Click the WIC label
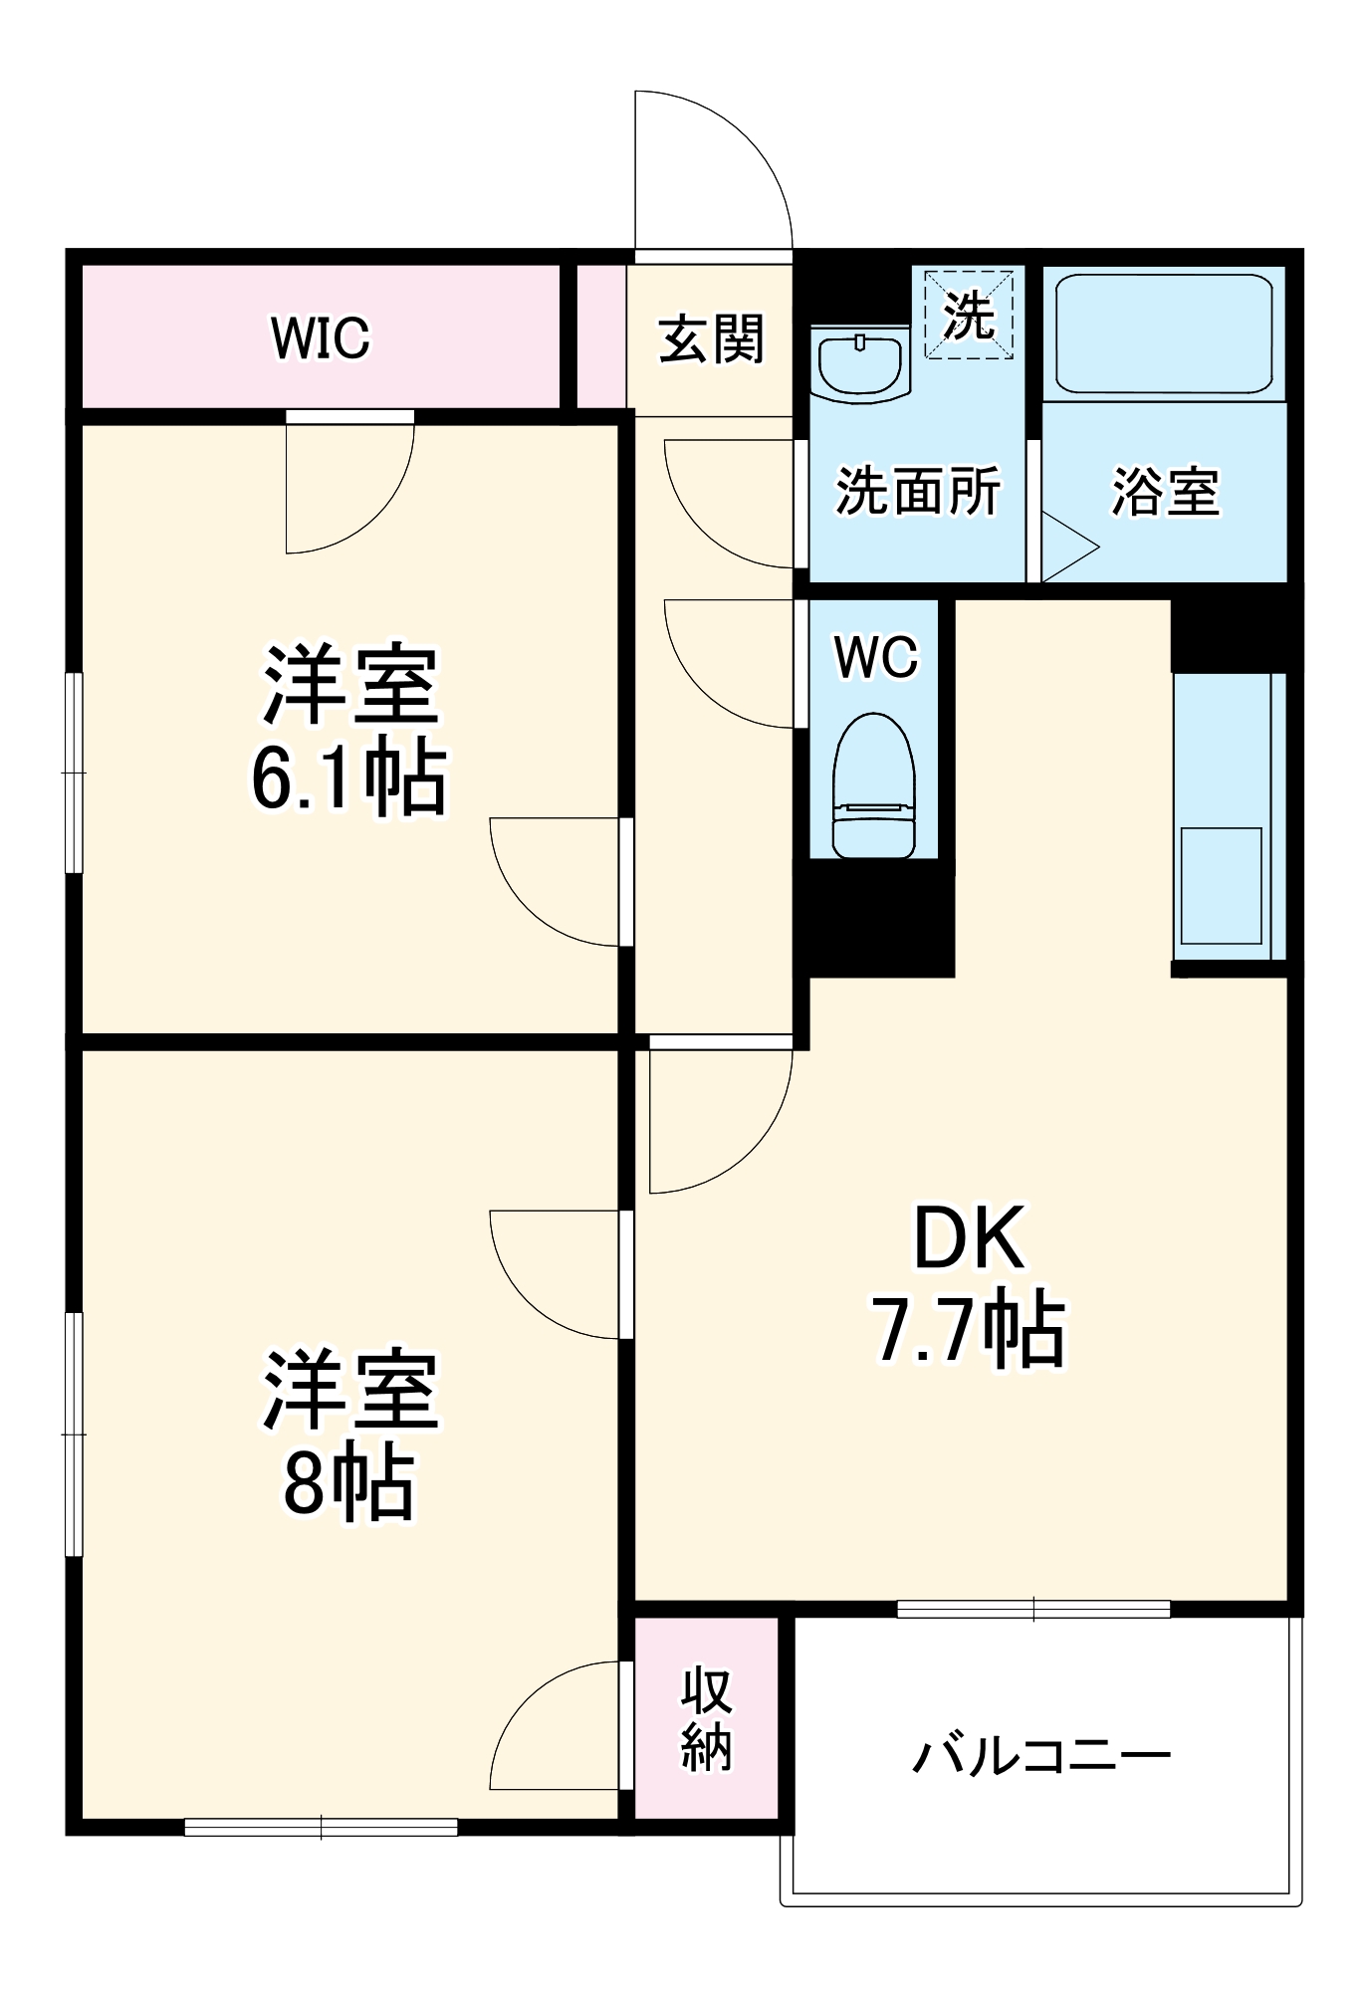pos(320,338)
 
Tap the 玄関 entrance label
pos(711,338)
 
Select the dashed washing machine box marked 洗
pos(969,314)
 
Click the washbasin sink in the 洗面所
pos(859,364)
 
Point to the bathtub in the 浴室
pos(1163,333)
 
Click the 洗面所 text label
pos(917,491)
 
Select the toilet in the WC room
pos(873,786)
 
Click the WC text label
pos(875,657)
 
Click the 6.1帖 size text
pos(348,778)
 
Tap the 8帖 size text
pos(348,1483)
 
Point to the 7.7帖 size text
pos(969,1329)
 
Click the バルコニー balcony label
pos(1041,1756)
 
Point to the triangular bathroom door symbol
pos(1067,547)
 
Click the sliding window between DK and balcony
pos(1032,1609)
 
